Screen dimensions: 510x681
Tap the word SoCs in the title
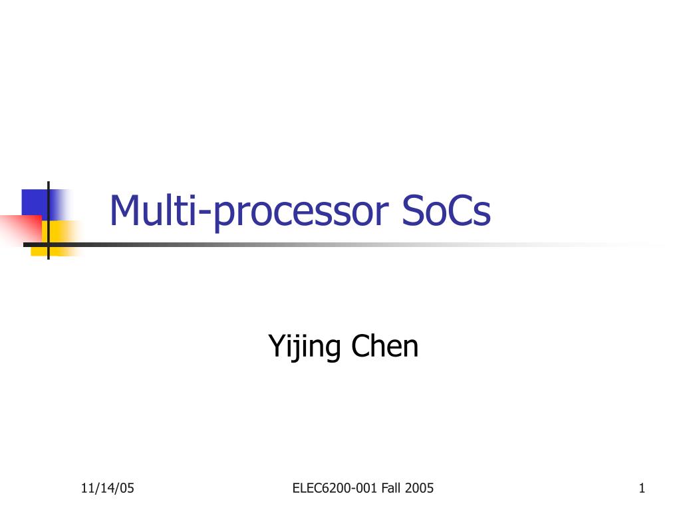tap(446, 211)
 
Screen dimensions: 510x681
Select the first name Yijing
tap(305, 347)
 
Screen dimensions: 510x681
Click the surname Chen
tap(385, 346)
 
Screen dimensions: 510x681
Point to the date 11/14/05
tap(107, 489)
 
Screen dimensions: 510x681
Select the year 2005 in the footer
tap(420, 489)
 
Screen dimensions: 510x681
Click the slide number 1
tap(642, 489)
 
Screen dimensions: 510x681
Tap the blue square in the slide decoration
tap(35, 202)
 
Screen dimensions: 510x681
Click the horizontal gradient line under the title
tap(333, 244)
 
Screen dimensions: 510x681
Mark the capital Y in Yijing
tap(276, 346)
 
